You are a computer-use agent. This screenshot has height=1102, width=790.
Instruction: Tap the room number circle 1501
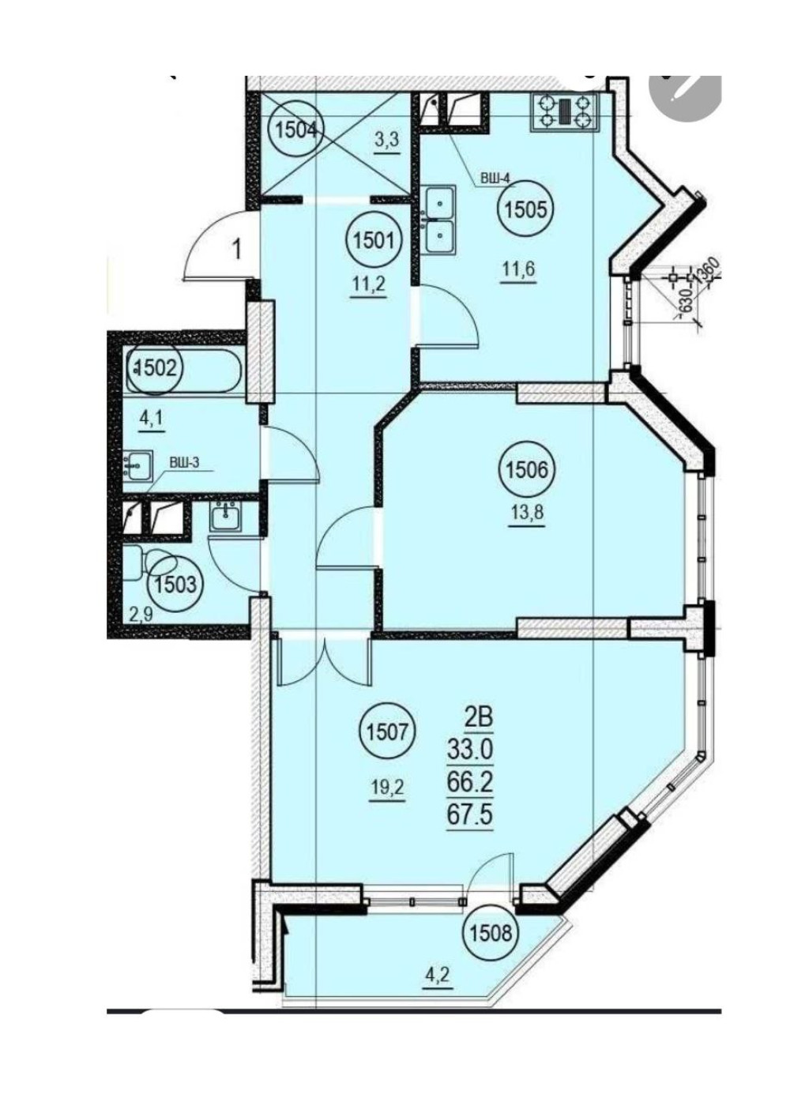[x=374, y=242]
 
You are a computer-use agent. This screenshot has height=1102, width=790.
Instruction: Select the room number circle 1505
[x=526, y=211]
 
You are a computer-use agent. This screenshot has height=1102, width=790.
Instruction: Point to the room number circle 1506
[x=527, y=470]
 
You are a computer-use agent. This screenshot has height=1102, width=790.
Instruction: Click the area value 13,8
[x=527, y=516]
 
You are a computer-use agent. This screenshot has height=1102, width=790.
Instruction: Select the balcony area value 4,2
[x=436, y=973]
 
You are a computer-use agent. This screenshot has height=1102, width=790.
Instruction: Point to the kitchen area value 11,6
[x=518, y=269]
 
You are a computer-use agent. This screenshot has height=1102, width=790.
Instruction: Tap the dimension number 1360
[x=710, y=268]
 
